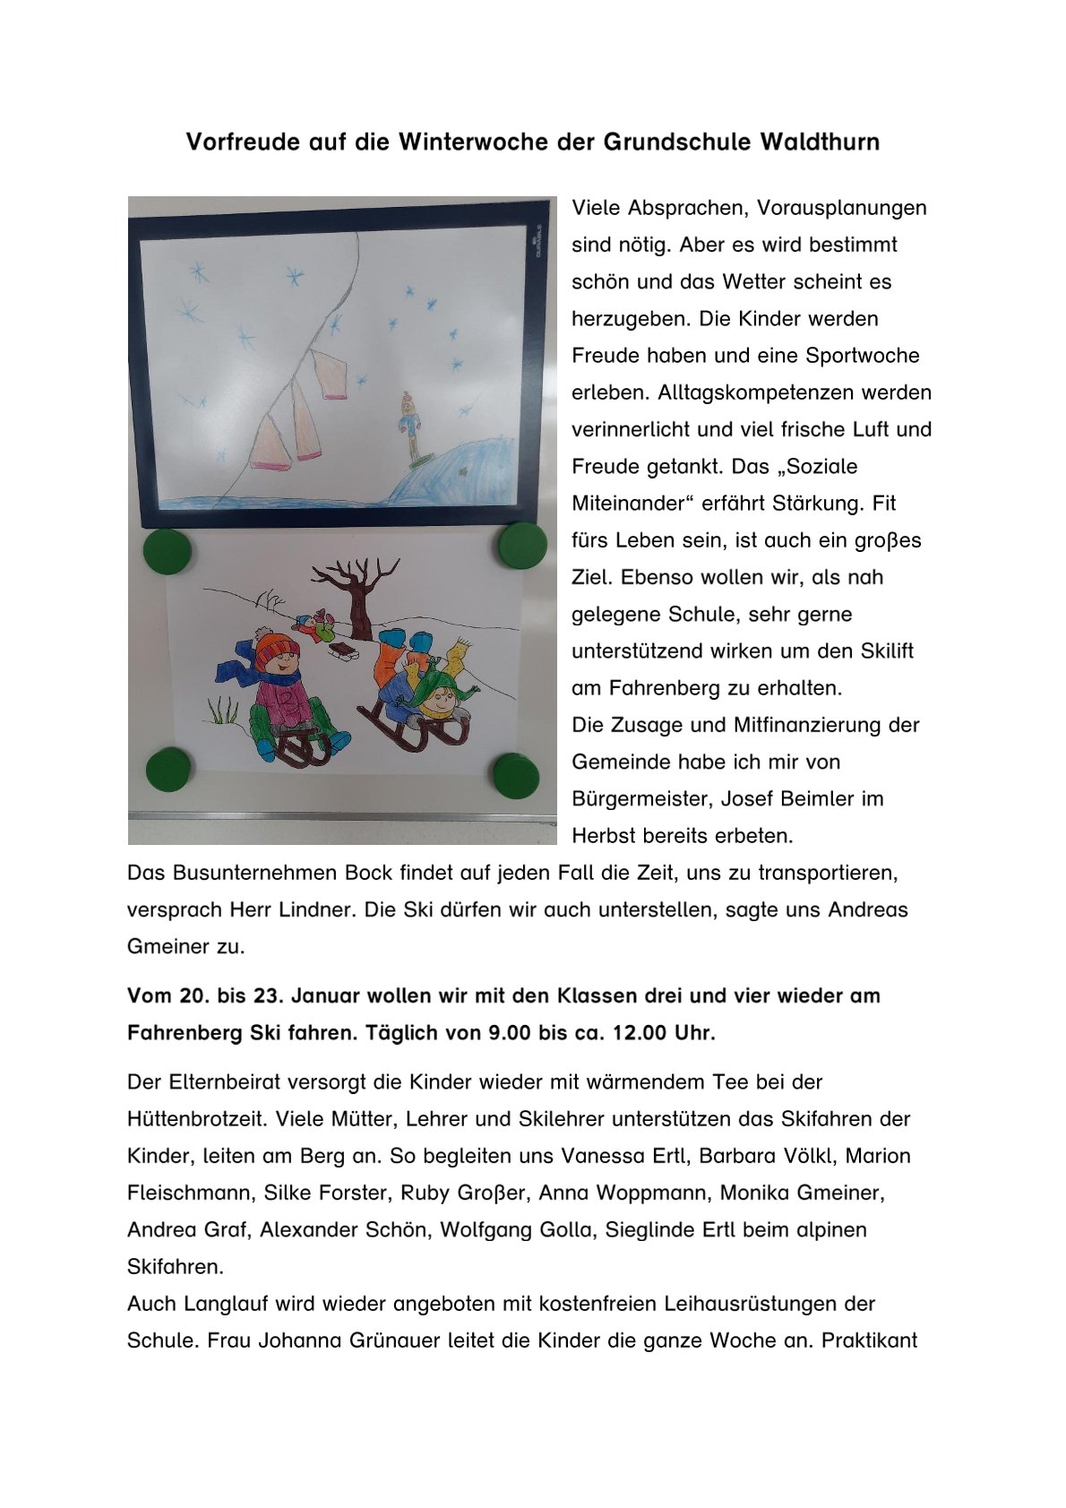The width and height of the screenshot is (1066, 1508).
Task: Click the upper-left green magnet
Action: pos(168,549)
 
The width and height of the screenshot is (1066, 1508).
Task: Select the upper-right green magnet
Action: pos(522,544)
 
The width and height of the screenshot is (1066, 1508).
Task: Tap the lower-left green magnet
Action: pos(168,768)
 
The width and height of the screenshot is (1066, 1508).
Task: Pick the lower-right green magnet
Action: pos(516,775)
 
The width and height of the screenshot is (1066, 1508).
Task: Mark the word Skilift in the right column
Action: pos(881,651)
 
